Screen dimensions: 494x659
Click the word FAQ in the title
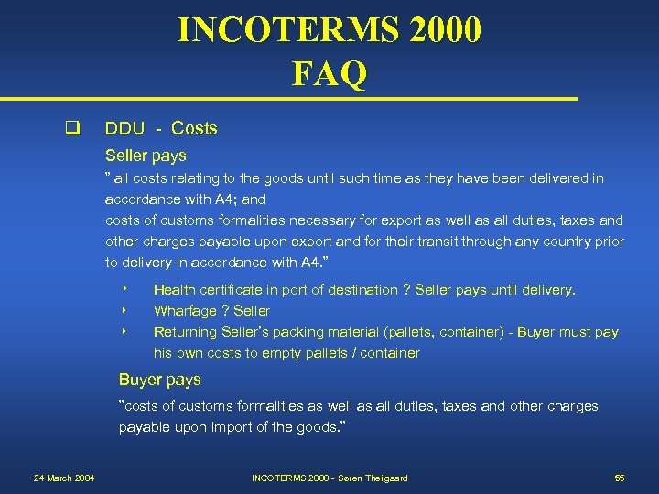(329, 72)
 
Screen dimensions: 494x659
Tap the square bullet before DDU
(69, 128)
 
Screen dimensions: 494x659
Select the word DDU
(125, 128)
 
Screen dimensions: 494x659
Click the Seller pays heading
(146, 156)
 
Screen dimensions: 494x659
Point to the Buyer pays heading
(160, 380)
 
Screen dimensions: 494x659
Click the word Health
(174, 290)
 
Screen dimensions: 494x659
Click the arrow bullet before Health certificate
(123, 290)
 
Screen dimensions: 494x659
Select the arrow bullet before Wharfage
(123, 311)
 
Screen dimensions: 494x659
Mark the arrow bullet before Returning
(123, 332)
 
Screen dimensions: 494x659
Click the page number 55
(620, 478)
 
